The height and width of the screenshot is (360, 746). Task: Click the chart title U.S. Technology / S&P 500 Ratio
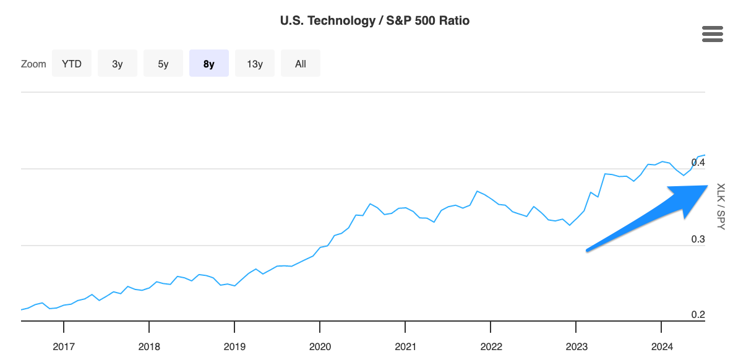(374, 20)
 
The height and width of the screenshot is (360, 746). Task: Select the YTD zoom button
(72, 64)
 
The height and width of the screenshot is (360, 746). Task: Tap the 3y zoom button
(118, 64)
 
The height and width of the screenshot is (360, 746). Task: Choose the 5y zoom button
(163, 64)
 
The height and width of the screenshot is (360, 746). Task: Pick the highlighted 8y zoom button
(209, 64)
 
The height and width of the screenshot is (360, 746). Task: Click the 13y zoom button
(255, 64)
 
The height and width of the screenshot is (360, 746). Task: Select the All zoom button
(301, 64)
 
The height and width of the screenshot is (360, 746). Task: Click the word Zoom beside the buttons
(33, 64)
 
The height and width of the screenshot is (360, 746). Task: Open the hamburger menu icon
(713, 35)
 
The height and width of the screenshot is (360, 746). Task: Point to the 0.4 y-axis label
(698, 162)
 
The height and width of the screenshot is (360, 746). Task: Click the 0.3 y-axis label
(698, 239)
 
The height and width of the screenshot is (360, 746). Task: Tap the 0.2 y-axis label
(698, 315)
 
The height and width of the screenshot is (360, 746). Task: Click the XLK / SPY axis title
(720, 207)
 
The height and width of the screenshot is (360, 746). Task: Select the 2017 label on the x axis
(64, 346)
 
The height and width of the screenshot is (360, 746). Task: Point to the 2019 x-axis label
(234, 346)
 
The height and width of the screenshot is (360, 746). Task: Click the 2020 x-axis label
(320, 346)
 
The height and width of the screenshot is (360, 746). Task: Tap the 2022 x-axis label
(491, 346)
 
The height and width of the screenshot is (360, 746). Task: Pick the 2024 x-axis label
(661, 346)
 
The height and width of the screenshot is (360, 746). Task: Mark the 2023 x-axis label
(576, 346)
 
